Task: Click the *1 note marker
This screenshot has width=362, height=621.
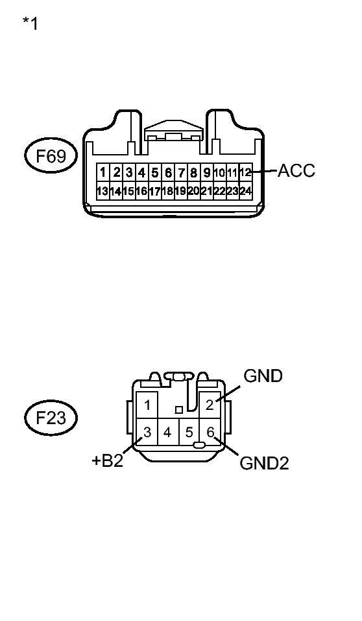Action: [x=30, y=23]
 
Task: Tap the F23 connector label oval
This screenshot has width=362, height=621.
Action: [x=51, y=418]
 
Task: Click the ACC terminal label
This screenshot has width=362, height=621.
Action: [x=296, y=171]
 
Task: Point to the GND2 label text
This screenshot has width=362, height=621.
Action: [x=264, y=463]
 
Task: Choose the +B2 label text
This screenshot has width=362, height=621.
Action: [x=107, y=461]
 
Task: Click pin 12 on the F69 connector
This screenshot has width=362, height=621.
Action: [x=246, y=172]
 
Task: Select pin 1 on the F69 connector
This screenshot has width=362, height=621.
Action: [x=103, y=173]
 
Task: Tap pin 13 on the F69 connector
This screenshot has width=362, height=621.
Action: [x=103, y=191]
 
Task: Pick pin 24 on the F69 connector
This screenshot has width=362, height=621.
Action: [x=246, y=191]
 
